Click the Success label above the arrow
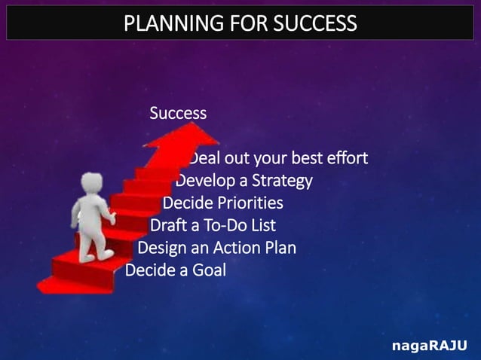click(178, 114)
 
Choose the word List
click(262, 225)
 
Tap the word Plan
click(280, 248)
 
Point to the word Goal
click(209, 270)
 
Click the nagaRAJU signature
click(428, 346)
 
